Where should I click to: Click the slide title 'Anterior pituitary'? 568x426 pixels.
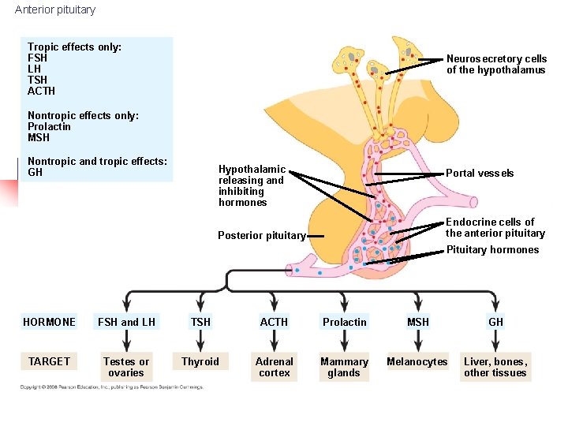pyautogui.click(x=55, y=10)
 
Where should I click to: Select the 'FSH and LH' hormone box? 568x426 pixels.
pyautogui.click(x=126, y=322)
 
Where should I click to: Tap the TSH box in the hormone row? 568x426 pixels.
pyautogui.click(x=200, y=322)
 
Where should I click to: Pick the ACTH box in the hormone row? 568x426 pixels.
pyautogui.click(x=274, y=322)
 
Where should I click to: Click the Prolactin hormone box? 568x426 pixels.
pyautogui.click(x=345, y=322)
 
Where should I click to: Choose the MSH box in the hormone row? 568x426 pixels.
pyautogui.click(x=418, y=322)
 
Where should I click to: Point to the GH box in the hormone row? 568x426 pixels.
pyautogui.click(x=495, y=322)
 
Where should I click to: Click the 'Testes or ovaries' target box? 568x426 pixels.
pyautogui.click(x=126, y=367)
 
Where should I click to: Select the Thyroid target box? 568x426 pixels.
pyautogui.click(x=200, y=362)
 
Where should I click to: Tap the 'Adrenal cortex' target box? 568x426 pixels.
pyautogui.click(x=274, y=367)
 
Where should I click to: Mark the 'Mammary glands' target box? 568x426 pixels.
pyautogui.click(x=344, y=367)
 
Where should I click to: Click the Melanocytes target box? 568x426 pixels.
pyautogui.click(x=417, y=362)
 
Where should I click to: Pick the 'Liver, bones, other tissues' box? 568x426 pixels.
pyautogui.click(x=495, y=367)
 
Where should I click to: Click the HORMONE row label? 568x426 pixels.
pyautogui.click(x=50, y=322)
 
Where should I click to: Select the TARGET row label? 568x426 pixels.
pyautogui.click(x=50, y=361)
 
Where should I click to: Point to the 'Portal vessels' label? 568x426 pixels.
pyautogui.click(x=480, y=174)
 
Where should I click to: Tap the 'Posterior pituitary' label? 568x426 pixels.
pyautogui.click(x=261, y=235)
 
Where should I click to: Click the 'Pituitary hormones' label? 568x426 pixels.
pyautogui.click(x=493, y=250)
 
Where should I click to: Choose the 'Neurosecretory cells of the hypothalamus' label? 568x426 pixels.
pyautogui.click(x=496, y=65)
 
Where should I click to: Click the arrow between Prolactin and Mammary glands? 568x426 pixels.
pyautogui.click(x=345, y=342)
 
